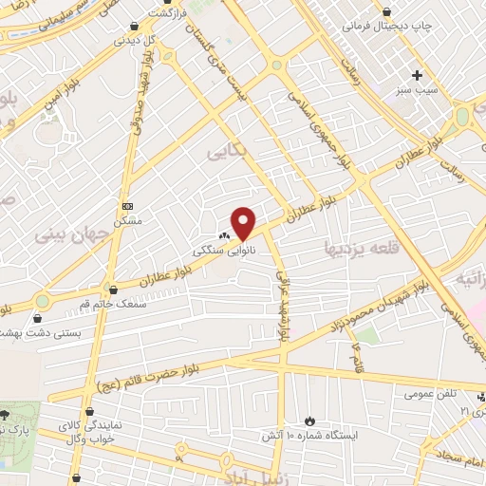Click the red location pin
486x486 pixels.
point(244,222)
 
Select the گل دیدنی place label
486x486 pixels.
point(136,41)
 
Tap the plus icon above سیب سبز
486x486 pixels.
point(417,74)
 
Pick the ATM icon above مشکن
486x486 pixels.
point(128,205)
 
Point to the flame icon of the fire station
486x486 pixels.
point(310,419)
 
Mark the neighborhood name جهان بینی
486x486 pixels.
point(71,234)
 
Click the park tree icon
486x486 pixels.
point(7,415)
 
